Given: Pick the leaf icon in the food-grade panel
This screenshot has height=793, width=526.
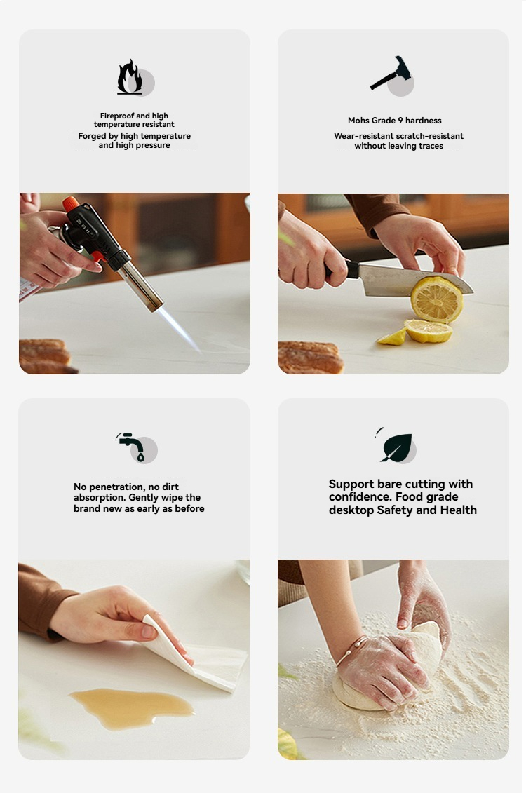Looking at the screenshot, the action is pos(396,447).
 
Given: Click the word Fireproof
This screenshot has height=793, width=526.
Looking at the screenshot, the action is pos(117,116).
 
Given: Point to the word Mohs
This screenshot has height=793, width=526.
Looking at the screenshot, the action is pos(358,121).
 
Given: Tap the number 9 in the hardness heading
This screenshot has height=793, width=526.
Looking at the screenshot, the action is pos(400,121).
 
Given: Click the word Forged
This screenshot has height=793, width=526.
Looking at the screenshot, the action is pos(92,136).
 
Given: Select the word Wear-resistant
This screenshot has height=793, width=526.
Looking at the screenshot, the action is pos(364,136).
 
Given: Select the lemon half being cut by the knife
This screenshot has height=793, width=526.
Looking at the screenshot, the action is pos(436,299).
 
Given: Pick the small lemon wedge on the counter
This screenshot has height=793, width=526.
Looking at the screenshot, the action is pos(392,337).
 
